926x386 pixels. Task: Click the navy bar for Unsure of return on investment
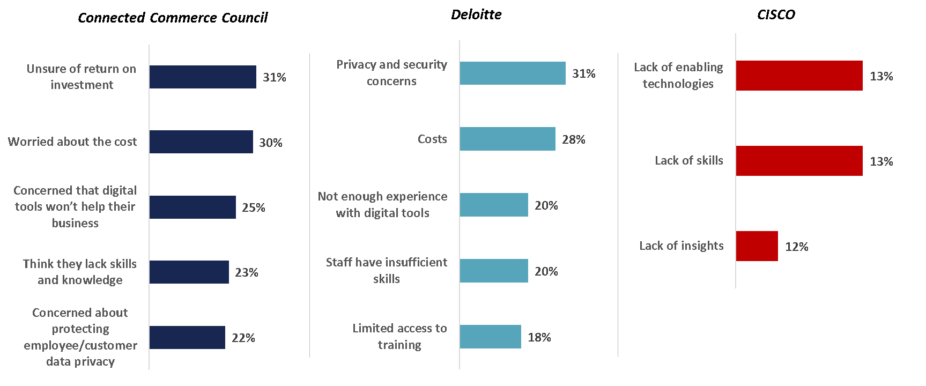tap(203, 77)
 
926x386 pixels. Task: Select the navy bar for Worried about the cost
tap(201, 142)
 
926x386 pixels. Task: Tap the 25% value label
tap(254, 207)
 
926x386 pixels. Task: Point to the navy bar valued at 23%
tap(189, 272)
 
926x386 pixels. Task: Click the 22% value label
tap(243, 338)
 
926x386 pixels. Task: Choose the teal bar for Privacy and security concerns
tap(513, 73)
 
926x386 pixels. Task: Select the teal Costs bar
tap(507, 139)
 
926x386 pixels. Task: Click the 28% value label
tap(574, 140)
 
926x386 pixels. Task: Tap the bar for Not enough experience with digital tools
tap(494, 205)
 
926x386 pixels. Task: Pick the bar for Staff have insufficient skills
tap(494, 271)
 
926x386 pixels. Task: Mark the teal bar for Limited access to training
tap(490, 337)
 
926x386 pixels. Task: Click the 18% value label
tap(539, 337)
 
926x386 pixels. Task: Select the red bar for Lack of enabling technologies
tap(799, 76)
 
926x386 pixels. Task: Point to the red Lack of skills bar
tap(799, 161)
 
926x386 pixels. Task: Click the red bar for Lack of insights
tap(757, 247)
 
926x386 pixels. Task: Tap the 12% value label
tap(797, 247)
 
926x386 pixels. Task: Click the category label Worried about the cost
tap(72, 142)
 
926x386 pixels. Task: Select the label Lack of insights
tap(681, 246)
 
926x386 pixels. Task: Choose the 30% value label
tap(271, 143)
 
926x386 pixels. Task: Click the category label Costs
tap(432, 139)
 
